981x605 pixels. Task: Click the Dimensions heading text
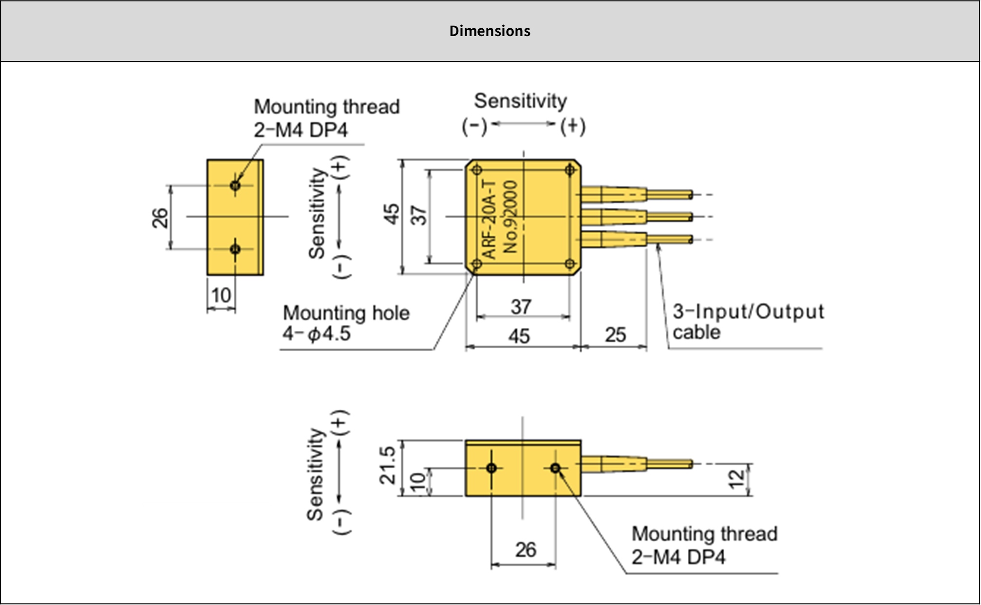click(x=490, y=31)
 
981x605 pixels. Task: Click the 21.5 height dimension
click(x=388, y=465)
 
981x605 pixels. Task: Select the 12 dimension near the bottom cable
click(x=736, y=479)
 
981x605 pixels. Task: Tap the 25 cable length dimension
click(x=615, y=335)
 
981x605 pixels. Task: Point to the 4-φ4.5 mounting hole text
click(x=317, y=334)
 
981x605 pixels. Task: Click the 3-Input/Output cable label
click(x=748, y=321)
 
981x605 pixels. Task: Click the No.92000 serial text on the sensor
click(x=510, y=217)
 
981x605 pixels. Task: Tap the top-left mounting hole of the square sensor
click(x=477, y=170)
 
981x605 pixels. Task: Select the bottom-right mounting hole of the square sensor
click(x=569, y=264)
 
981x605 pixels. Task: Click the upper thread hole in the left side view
click(x=235, y=185)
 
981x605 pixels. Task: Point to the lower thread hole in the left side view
click(x=235, y=249)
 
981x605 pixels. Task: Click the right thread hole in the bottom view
click(x=555, y=468)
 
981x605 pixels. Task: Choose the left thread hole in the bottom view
click(x=491, y=468)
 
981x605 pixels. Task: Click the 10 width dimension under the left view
click(x=221, y=295)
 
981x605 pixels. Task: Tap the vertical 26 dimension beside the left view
click(x=160, y=218)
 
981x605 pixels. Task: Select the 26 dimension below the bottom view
click(x=526, y=550)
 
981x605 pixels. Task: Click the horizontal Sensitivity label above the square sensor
click(x=520, y=101)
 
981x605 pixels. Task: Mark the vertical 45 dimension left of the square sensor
click(x=391, y=214)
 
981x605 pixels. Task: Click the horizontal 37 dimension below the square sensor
click(x=521, y=307)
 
